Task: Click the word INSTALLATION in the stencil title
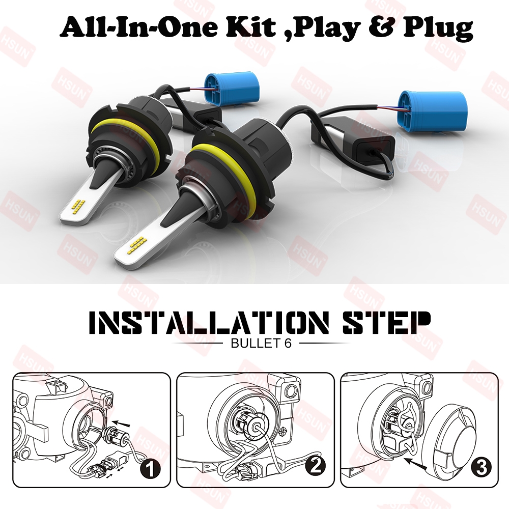209,323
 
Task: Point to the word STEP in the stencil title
386,323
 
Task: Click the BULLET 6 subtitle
261,343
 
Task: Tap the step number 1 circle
150,469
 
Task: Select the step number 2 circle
316,466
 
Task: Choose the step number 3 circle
481,468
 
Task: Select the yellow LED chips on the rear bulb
77,205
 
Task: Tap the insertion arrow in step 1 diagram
122,423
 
